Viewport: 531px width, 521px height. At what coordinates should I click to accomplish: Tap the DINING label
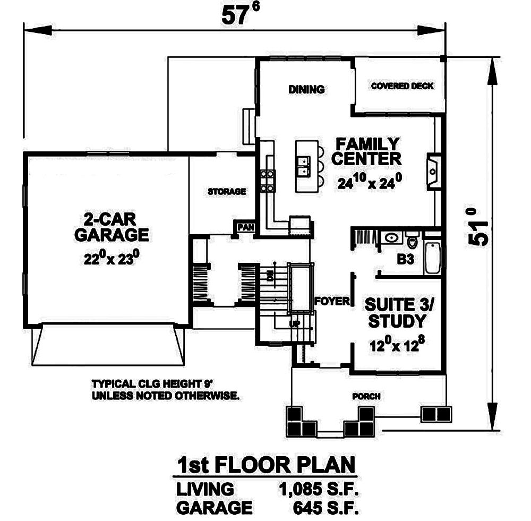click(306, 90)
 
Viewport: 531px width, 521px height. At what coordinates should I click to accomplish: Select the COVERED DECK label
click(402, 86)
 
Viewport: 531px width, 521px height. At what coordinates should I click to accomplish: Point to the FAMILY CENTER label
click(366, 151)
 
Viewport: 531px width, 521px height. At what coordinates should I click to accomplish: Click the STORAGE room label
click(227, 191)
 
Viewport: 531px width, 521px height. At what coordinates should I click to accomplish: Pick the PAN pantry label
click(246, 227)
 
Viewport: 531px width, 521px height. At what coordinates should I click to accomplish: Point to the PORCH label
click(366, 397)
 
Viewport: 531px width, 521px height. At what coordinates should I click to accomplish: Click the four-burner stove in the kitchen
click(267, 181)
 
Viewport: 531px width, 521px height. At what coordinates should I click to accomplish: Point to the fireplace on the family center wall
click(433, 171)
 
